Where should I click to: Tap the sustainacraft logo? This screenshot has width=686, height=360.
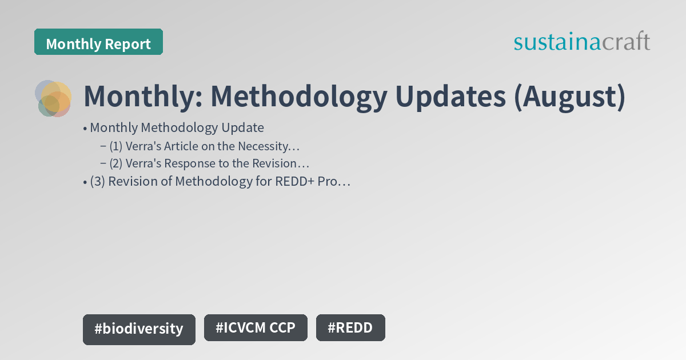(581, 42)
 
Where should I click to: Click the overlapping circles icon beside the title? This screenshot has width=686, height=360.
(53, 98)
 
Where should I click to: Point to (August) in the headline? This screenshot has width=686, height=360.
(569, 97)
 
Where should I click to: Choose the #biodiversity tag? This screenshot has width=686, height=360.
(139, 329)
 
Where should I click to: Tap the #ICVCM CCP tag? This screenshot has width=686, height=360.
(256, 328)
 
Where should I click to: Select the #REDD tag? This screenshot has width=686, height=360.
(350, 328)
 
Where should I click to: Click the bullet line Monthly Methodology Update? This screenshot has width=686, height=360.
(177, 127)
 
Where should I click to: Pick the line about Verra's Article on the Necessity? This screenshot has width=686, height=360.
(205, 146)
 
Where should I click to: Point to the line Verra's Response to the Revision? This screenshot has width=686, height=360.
(209, 163)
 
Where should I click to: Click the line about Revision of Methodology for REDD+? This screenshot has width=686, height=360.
(220, 182)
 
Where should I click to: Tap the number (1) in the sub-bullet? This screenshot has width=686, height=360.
(116, 146)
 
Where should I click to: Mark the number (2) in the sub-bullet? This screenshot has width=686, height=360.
(116, 163)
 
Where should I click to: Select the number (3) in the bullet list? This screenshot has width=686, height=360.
(97, 182)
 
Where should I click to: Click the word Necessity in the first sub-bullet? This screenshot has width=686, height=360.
(265, 146)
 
